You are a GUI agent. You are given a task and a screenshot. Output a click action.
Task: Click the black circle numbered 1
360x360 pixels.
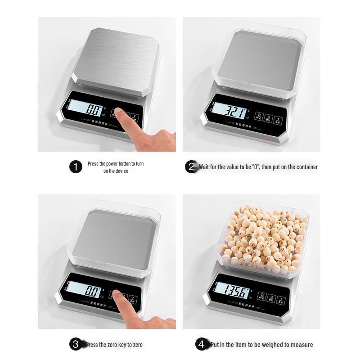(x=76, y=167)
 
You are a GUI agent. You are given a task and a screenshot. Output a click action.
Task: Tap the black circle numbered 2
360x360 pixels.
(x=191, y=167)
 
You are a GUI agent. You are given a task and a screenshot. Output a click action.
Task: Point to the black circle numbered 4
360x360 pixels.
(x=202, y=345)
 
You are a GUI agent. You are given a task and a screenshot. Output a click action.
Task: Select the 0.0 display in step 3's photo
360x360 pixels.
(x=92, y=291)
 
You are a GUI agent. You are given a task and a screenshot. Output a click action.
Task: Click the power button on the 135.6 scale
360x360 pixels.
(x=261, y=297)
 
